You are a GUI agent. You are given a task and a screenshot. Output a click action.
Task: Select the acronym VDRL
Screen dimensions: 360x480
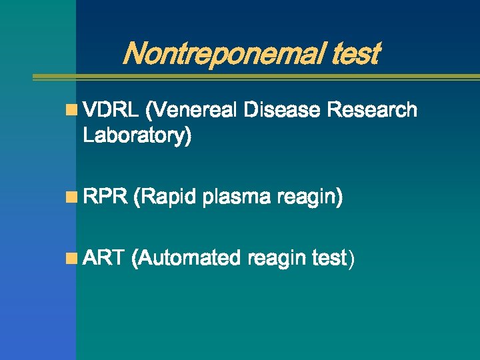tap(110, 110)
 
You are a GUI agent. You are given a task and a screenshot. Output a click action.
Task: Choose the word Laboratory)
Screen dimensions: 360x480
tap(137, 136)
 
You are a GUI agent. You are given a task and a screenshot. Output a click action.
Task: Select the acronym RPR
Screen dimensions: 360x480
tap(103, 197)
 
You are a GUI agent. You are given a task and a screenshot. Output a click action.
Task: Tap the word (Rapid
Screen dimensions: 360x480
tap(165, 197)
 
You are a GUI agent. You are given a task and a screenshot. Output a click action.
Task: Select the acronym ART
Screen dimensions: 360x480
tap(103, 257)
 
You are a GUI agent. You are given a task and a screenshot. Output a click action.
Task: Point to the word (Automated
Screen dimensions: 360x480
tap(186, 257)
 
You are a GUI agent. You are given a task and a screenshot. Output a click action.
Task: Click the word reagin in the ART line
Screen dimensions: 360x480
tap(277, 258)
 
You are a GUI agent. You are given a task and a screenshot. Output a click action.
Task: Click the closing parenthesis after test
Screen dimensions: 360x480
tap(351, 259)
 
